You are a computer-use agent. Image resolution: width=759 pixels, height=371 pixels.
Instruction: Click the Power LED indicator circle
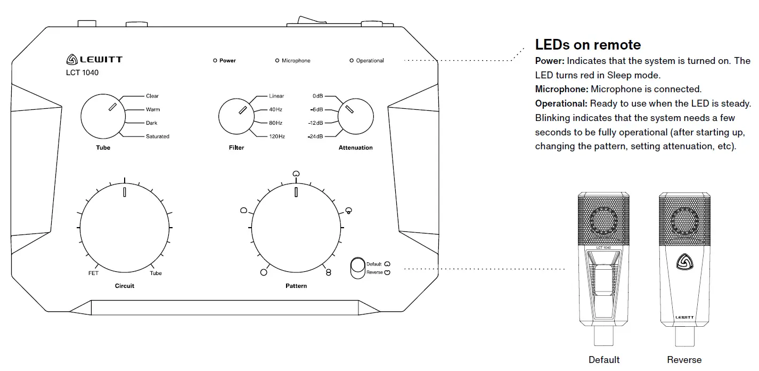tap(215, 61)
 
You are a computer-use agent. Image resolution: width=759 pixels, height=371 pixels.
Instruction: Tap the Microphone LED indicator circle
tap(277, 61)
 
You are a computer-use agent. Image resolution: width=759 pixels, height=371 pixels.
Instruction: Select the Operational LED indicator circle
tap(352, 61)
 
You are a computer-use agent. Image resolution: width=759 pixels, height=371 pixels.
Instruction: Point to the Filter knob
tap(236, 116)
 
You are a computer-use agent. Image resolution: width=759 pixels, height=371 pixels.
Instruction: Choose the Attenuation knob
tap(355, 116)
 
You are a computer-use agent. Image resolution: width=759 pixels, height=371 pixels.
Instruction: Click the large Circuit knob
tap(125, 227)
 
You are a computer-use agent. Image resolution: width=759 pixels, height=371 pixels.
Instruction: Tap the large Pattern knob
tap(296, 227)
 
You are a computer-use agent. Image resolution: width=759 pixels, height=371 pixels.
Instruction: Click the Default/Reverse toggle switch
tap(356, 268)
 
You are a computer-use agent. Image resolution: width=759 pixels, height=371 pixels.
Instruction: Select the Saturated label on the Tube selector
tap(157, 136)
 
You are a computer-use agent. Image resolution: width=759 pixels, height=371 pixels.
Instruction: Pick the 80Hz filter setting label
tap(276, 123)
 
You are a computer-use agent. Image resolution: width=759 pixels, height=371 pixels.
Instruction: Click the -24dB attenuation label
tap(315, 137)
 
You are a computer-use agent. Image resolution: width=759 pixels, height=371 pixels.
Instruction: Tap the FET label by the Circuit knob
tap(93, 273)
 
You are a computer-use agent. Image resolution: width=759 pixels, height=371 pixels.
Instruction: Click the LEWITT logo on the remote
tap(94, 60)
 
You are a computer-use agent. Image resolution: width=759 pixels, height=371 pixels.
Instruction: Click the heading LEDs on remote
tap(588, 45)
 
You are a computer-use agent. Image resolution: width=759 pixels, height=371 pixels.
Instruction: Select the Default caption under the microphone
tap(604, 360)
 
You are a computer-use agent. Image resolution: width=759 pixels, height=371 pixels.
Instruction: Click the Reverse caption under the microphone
tap(684, 360)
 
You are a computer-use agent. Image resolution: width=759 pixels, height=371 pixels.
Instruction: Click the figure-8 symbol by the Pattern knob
tap(329, 272)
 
